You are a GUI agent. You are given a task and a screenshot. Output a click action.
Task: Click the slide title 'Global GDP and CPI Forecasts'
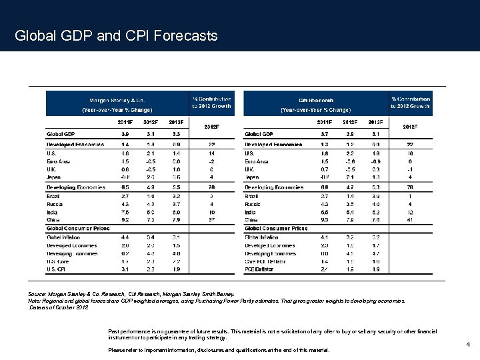(x=116, y=35)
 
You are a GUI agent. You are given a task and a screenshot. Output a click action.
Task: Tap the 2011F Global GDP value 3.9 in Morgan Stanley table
(x=125, y=134)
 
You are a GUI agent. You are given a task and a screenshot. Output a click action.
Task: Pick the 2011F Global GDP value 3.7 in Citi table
(x=325, y=134)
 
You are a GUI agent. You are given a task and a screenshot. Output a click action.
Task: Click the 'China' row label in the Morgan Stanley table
(x=53, y=219)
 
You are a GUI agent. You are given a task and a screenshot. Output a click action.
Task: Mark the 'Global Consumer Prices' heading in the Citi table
(x=276, y=228)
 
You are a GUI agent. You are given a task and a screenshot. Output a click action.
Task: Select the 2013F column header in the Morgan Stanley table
(x=176, y=122)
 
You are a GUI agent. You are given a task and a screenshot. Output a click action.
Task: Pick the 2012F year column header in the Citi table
(x=350, y=122)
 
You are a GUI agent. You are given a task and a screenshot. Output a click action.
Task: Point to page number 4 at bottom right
(x=469, y=344)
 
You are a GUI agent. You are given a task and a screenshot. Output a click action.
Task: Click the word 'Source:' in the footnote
(x=37, y=293)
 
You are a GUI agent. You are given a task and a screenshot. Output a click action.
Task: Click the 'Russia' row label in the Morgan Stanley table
(x=55, y=204)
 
